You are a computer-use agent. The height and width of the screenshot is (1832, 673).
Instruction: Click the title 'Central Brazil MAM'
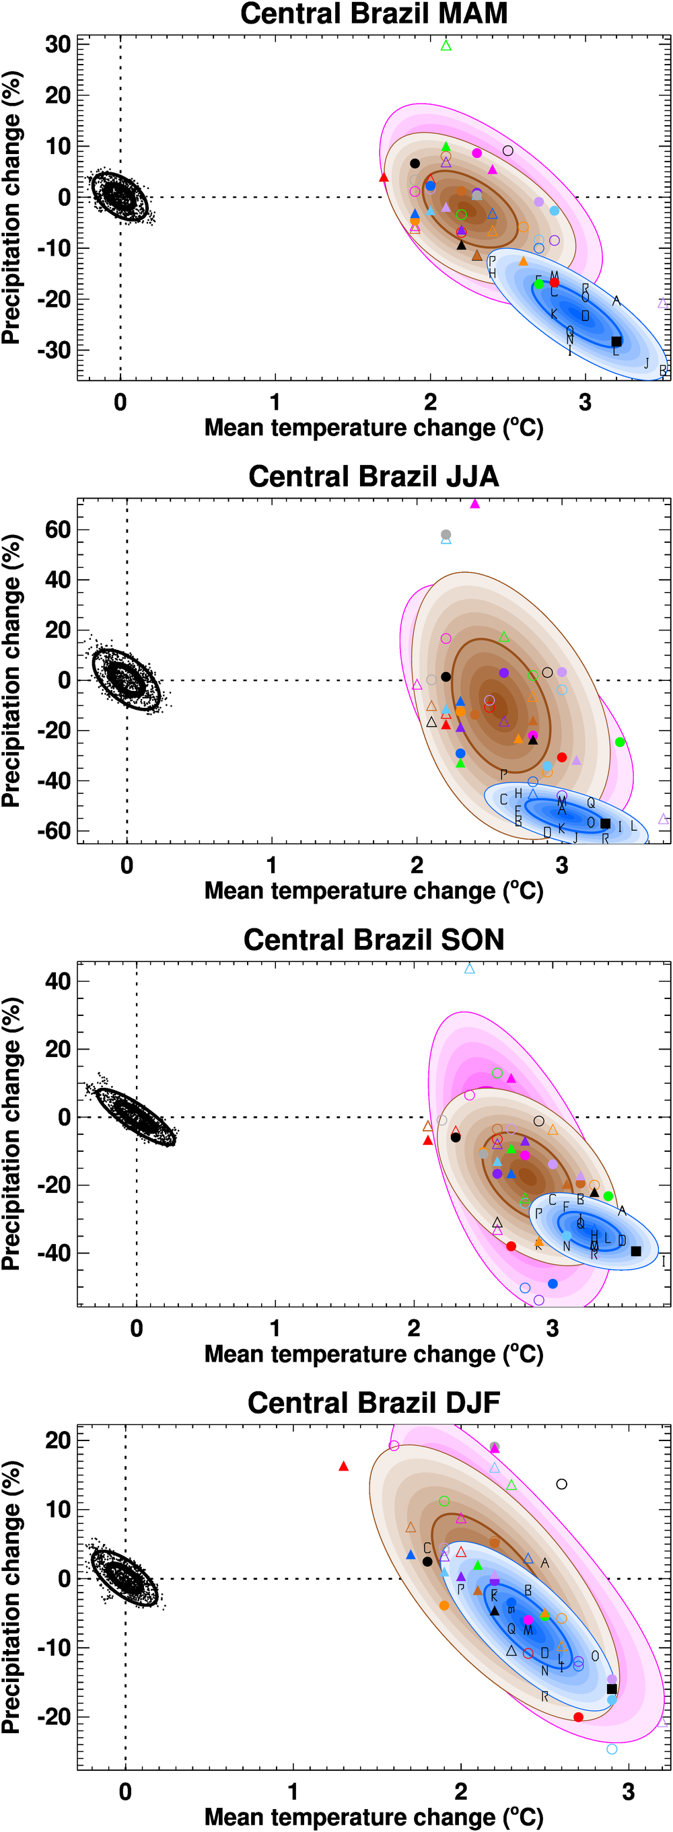click(374, 14)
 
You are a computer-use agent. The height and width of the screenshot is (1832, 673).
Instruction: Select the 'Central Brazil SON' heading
click(374, 940)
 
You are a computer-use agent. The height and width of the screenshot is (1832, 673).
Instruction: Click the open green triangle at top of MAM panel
click(446, 46)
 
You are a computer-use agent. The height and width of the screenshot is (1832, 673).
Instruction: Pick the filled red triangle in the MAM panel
click(384, 177)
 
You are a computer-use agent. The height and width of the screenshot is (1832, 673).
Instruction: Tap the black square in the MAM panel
click(616, 341)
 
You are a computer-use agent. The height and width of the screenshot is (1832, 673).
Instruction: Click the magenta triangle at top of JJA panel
click(475, 503)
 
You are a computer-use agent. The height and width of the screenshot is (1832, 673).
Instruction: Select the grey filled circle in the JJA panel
click(446, 535)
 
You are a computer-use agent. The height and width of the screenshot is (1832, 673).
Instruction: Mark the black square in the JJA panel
click(606, 823)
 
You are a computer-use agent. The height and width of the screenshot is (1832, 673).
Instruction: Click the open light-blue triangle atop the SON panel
click(470, 969)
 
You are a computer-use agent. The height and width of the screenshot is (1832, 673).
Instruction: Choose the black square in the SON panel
click(636, 1251)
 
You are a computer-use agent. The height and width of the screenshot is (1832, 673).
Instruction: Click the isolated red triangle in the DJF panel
click(344, 1467)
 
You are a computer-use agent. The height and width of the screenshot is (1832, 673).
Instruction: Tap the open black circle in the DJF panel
click(561, 1484)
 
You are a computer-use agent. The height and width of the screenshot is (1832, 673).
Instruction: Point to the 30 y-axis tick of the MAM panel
click(58, 45)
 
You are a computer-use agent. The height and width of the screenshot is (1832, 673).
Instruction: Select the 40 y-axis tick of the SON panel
click(58, 982)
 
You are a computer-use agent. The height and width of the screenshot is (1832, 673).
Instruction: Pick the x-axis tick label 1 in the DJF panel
click(293, 1792)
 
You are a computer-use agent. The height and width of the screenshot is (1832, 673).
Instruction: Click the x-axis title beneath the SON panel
click(374, 1354)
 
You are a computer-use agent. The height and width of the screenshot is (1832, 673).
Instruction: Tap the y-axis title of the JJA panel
click(11, 671)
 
